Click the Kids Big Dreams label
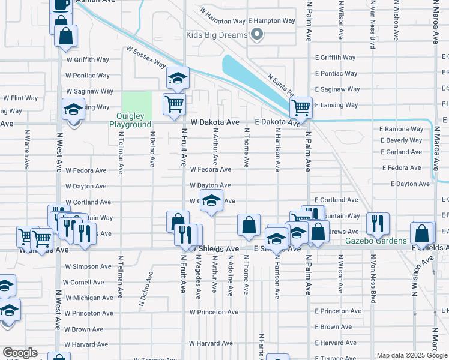coord(217,35)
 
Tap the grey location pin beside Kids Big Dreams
coord(258,34)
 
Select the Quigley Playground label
coord(130,120)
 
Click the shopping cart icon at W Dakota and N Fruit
coord(174,103)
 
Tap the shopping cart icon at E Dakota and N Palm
coord(301,108)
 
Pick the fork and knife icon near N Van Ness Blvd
coord(378,224)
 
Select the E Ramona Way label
coord(401,129)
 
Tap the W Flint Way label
coord(20,98)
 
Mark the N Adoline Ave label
coord(230,275)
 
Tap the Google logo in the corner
coord(20,353)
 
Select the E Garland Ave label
coord(401,152)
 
